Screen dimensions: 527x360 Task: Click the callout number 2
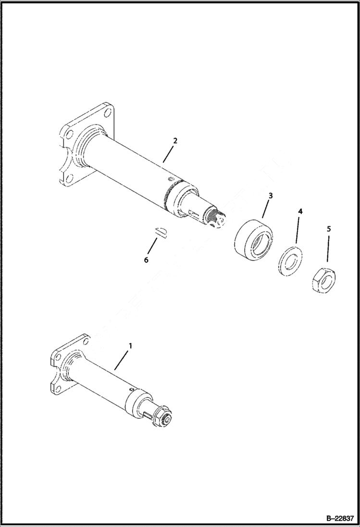click(175, 141)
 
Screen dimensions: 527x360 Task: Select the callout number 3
click(271, 196)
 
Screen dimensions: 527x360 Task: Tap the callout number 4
click(300, 211)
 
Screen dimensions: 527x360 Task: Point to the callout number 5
click(329, 229)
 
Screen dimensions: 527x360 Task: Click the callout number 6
click(146, 259)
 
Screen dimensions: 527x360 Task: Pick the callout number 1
click(130, 345)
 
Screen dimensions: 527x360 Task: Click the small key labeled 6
click(161, 233)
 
